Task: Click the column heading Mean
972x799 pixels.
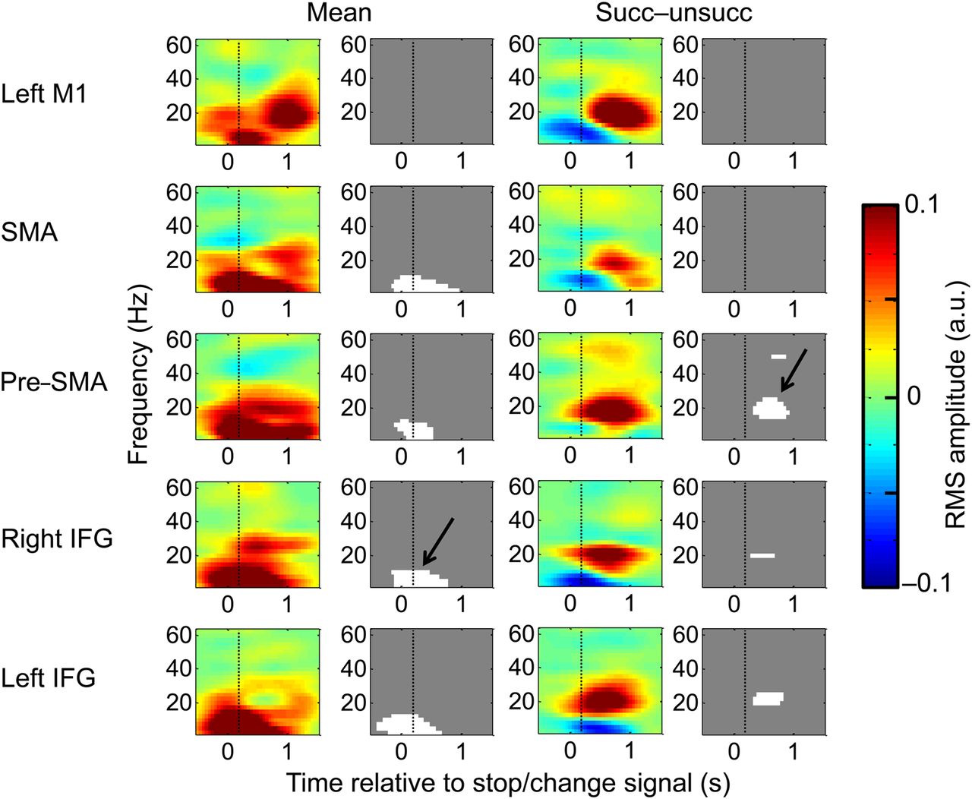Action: (x=339, y=13)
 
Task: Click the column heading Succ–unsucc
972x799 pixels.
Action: (x=674, y=13)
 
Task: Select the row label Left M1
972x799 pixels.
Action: (x=44, y=94)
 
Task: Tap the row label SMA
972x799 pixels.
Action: (x=30, y=232)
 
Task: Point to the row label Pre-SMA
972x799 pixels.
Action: (x=54, y=381)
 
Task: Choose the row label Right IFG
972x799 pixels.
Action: (x=57, y=538)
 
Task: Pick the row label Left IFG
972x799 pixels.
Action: (x=49, y=677)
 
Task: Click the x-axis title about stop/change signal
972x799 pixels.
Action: (x=507, y=782)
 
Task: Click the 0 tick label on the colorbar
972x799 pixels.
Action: (x=913, y=395)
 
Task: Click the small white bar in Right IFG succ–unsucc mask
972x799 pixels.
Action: (x=762, y=556)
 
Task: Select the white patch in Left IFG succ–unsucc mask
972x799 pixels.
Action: (x=768, y=699)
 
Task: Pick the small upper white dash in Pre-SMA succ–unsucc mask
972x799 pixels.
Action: (x=778, y=356)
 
